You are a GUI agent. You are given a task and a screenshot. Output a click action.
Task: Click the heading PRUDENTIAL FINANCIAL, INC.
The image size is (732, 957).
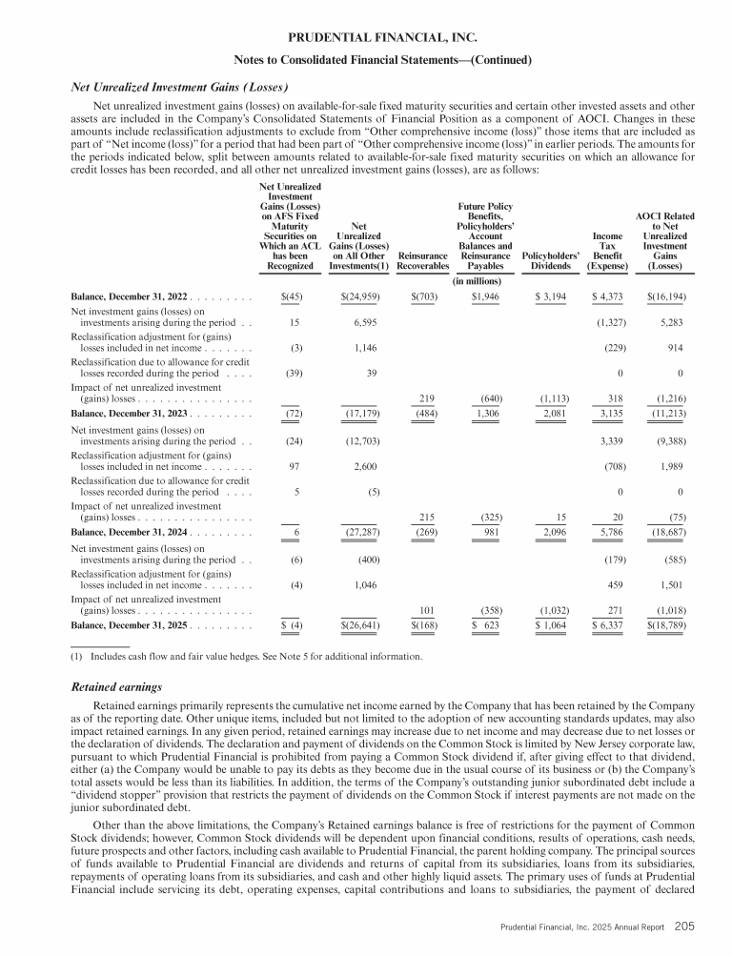366,39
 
